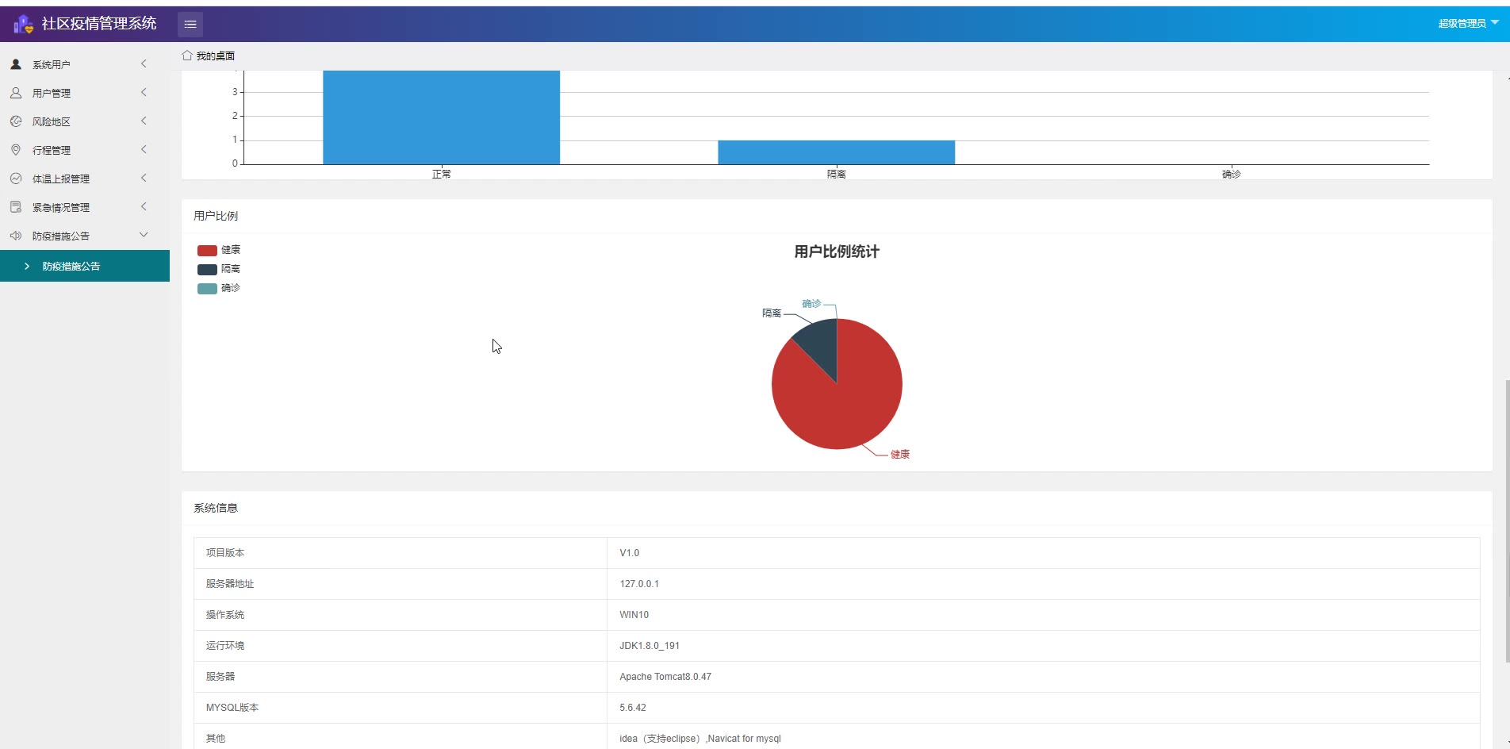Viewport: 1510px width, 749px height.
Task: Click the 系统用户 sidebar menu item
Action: pyautogui.click(x=52, y=65)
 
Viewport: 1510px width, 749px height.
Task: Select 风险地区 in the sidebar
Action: pyautogui.click(x=52, y=122)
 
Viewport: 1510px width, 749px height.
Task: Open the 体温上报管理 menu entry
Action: pyautogui.click(x=61, y=179)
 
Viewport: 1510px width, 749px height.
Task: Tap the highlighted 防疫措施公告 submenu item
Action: pyautogui.click(x=71, y=267)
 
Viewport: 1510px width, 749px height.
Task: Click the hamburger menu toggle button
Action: pyautogui.click(x=190, y=25)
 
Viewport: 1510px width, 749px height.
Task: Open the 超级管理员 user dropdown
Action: pyautogui.click(x=1467, y=24)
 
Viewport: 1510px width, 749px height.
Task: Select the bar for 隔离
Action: pyautogui.click(x=836, y=152)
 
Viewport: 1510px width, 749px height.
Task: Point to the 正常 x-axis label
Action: pyautogui.click(x=441, y=174)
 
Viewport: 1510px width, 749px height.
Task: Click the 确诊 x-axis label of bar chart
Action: pyautogui.click(x=1231, y=174)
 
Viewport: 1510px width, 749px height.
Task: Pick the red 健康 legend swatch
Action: pyautogui.click(x=207, y=251)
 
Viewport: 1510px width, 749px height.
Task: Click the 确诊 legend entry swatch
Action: pyautogui.click(x=207, y=289)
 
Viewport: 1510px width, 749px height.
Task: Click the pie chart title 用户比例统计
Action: pyautogui.click(x=837, y=252)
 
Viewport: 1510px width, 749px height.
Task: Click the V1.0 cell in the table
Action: pyautogui.click(x=630, y=553)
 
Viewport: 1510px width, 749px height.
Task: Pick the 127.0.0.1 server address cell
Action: pyautogui.click(x=639, y=584)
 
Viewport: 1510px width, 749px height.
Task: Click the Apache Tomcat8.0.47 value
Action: pyautogui.click(x=665, y=677)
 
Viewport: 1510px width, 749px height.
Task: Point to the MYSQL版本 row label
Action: pyautogui.click(x=232, y=708)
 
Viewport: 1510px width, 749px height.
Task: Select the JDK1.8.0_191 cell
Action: pyautogui.click(x=650, y=646)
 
